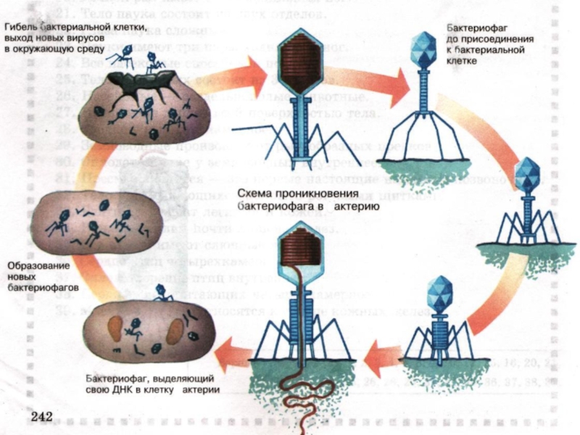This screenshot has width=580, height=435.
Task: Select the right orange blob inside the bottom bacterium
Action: pos(176,331)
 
